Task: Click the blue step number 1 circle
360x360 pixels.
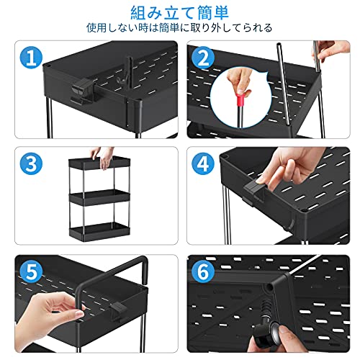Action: (31, 58)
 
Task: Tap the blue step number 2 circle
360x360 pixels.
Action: (203, 58)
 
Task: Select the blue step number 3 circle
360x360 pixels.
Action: (31, 164)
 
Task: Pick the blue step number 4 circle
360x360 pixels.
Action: (203, 164)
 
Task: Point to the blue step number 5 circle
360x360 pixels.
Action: (31, 271)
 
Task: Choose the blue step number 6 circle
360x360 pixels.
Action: (203, 271)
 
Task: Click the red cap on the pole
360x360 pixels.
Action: (240, 99)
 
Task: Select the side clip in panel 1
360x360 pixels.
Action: (81, 91)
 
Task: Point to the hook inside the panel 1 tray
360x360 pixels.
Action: (121, 80)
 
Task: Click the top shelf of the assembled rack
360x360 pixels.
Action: (99, 163)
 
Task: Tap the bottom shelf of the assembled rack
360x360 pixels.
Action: (99, 230)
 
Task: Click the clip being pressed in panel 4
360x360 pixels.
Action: (255, 192)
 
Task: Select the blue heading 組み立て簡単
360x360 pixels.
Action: (179, 13)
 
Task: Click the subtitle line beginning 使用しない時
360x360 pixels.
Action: (179, 28)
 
